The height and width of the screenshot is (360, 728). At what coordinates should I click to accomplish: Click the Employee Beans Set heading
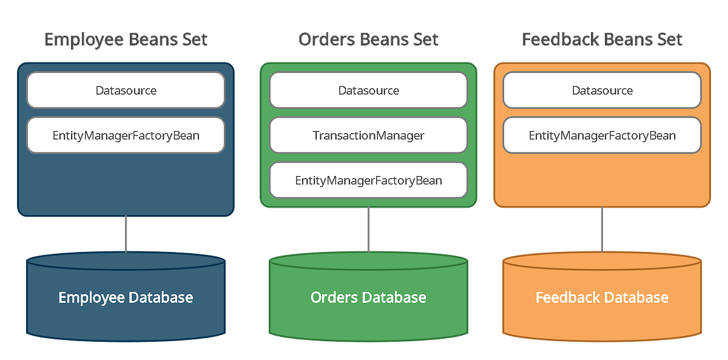click(x=126, y=39)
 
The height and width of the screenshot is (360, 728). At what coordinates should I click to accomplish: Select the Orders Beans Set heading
click(x=368, y=39)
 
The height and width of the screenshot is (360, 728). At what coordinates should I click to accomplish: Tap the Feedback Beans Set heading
click(x=602, y=39)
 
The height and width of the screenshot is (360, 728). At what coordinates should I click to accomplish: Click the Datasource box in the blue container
click(x=126, y=90)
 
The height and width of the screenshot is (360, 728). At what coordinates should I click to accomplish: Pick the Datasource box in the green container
click(x=368, y=90)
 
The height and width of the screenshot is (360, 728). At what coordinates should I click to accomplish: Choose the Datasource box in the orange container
click(x=602, y=90)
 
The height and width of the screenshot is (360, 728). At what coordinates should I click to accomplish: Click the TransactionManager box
click(x=368, y=135)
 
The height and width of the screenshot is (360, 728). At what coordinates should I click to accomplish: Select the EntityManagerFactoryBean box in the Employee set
click(x=126, y=135)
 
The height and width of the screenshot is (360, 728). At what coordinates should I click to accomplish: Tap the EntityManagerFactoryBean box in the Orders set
click(x=368, y=180)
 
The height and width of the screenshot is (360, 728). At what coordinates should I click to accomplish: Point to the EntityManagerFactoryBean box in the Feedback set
click(x=602, y=135)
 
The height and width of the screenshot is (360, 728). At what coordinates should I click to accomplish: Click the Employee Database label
click(x=126, y=297)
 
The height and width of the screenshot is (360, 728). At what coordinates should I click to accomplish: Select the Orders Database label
click(x=368, y=297)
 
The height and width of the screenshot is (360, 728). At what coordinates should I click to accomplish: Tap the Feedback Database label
click(x=602, y=297)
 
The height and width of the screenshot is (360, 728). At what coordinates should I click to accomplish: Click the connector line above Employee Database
click(x=126, y=234)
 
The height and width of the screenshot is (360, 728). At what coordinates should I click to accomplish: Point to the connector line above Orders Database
click(x=368, y=229)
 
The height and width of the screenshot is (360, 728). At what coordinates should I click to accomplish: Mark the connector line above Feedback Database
click(x=602, y=229)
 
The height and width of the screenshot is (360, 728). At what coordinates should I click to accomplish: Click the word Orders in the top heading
click(x=325, y=39)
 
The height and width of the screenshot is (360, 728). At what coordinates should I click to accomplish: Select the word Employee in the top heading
click(x=84, y=39)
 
